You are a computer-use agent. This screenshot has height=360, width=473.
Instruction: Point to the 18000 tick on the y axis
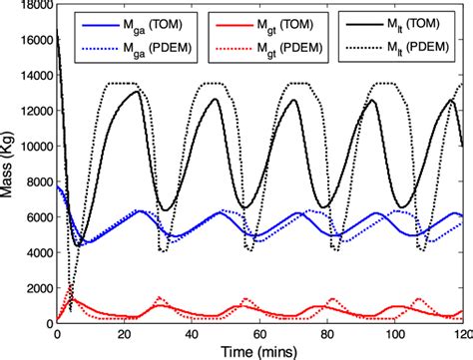coord(32,7)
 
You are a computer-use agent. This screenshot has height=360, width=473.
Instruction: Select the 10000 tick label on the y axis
coord(32,148)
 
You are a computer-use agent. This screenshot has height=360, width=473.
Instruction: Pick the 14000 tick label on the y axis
coord(32,78)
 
